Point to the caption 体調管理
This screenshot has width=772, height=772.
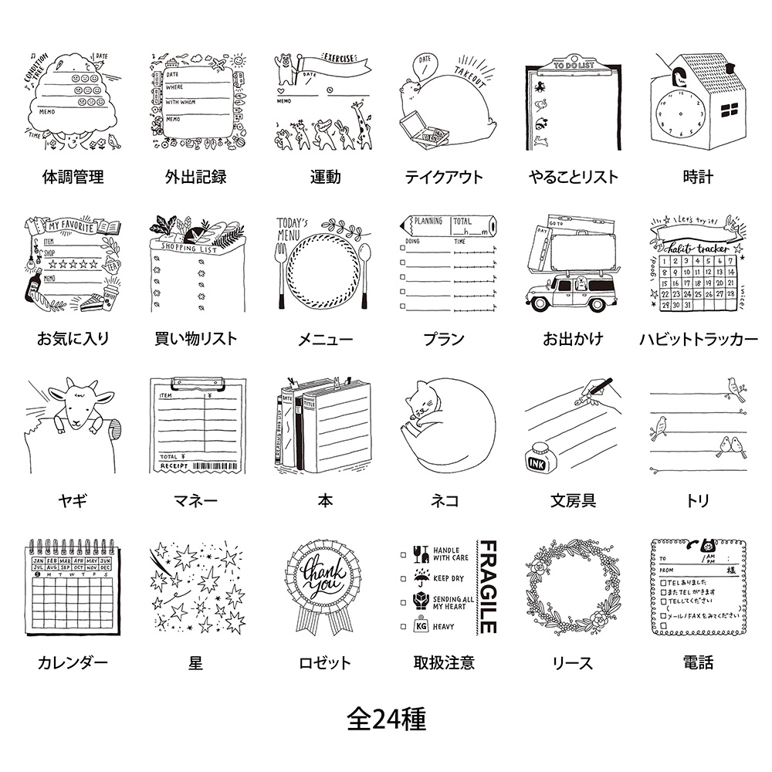73,177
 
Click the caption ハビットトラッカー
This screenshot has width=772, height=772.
699,339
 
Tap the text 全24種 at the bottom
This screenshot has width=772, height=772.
386,720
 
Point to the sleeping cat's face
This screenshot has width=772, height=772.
418,412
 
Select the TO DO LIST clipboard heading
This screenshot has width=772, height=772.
574,67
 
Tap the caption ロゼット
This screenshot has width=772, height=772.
325,662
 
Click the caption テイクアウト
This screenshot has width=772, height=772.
443,177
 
